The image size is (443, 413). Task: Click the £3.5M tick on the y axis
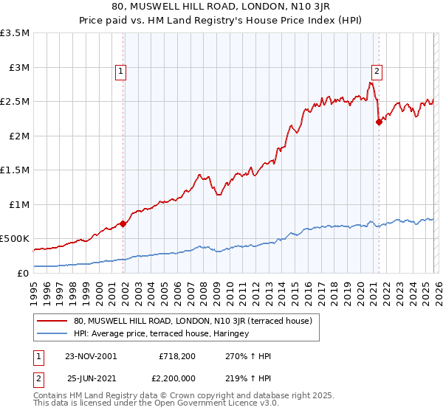coord(16,33)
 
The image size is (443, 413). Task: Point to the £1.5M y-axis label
coord(16,170)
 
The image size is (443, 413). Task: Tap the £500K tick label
coord(15,239)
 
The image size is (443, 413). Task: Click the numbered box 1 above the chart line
coord(120,72)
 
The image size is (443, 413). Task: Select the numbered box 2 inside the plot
coord(377,72)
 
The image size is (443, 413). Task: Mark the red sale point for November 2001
coord(123,223)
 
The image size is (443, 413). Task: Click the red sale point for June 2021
coord(379,122)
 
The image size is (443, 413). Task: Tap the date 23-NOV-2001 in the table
coord(92,356)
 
